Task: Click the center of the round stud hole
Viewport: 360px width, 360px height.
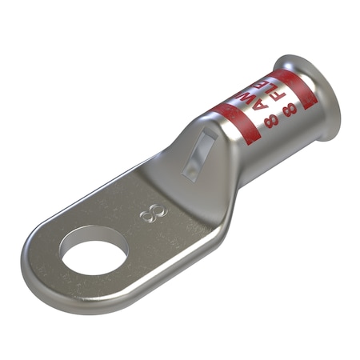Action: [x=94, y=258]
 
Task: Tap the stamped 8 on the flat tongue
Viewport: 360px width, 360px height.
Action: [x=148, y=214]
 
